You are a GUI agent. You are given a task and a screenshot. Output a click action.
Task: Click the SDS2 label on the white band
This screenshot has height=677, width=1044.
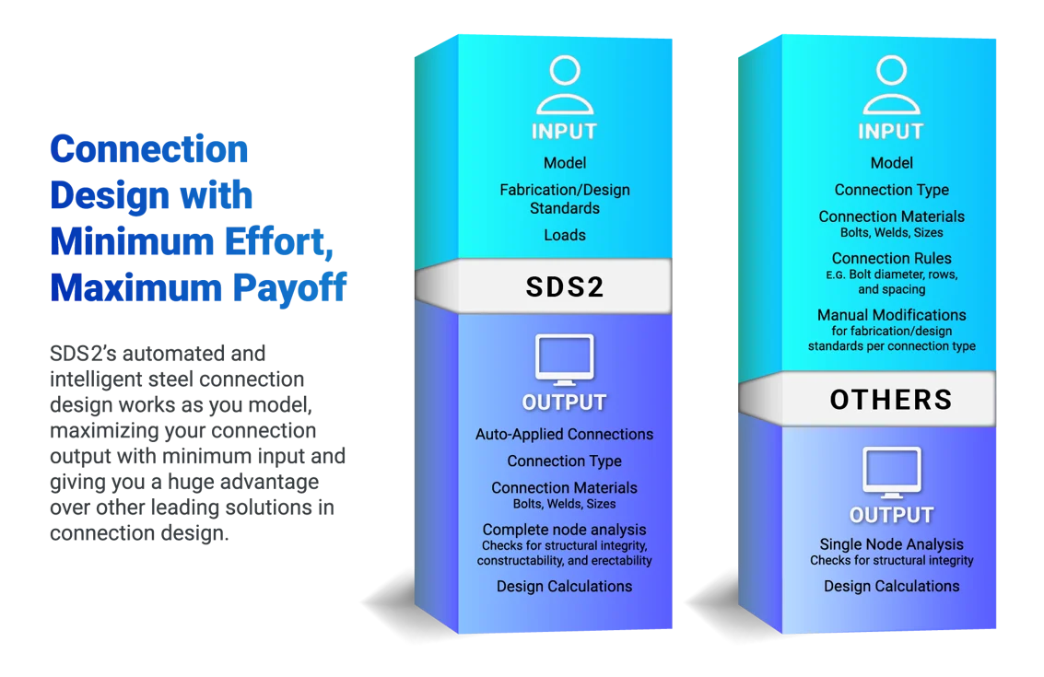tap(565, 286)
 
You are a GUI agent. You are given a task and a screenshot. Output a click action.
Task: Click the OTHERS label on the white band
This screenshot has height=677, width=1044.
tap(892, 400)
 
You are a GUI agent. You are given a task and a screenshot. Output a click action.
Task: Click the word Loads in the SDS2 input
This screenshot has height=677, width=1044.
tap(565, 235)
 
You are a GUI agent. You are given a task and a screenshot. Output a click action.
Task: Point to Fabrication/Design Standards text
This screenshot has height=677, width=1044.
tap(565, 199)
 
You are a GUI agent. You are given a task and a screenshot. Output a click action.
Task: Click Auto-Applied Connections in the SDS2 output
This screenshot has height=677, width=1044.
tap(565, 434)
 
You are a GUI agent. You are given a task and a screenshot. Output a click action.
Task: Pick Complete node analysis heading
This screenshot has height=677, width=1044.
tap(565, 530)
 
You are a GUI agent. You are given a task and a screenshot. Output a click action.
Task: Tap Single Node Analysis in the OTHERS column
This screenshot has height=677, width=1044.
tap(892, 543)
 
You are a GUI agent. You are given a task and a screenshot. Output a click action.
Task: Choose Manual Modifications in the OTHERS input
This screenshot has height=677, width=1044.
tap(892, 315)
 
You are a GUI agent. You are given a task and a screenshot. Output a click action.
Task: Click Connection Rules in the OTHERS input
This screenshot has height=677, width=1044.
tap(892, 258)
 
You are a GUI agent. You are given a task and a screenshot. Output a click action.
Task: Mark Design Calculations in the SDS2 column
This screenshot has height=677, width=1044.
tap(565, 587)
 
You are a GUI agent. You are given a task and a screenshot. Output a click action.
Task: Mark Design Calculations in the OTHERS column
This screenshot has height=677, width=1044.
tap(892, 587)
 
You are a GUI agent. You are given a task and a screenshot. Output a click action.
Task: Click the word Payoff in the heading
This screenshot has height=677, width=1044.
tap(289, 288)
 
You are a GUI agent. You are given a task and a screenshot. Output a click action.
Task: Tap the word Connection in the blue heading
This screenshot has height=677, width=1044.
tap(149, 149)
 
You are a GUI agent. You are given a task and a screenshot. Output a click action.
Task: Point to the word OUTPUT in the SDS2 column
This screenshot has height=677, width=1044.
tap(565, 403)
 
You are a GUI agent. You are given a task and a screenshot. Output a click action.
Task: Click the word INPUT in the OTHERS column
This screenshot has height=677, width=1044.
tap(891, 132)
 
